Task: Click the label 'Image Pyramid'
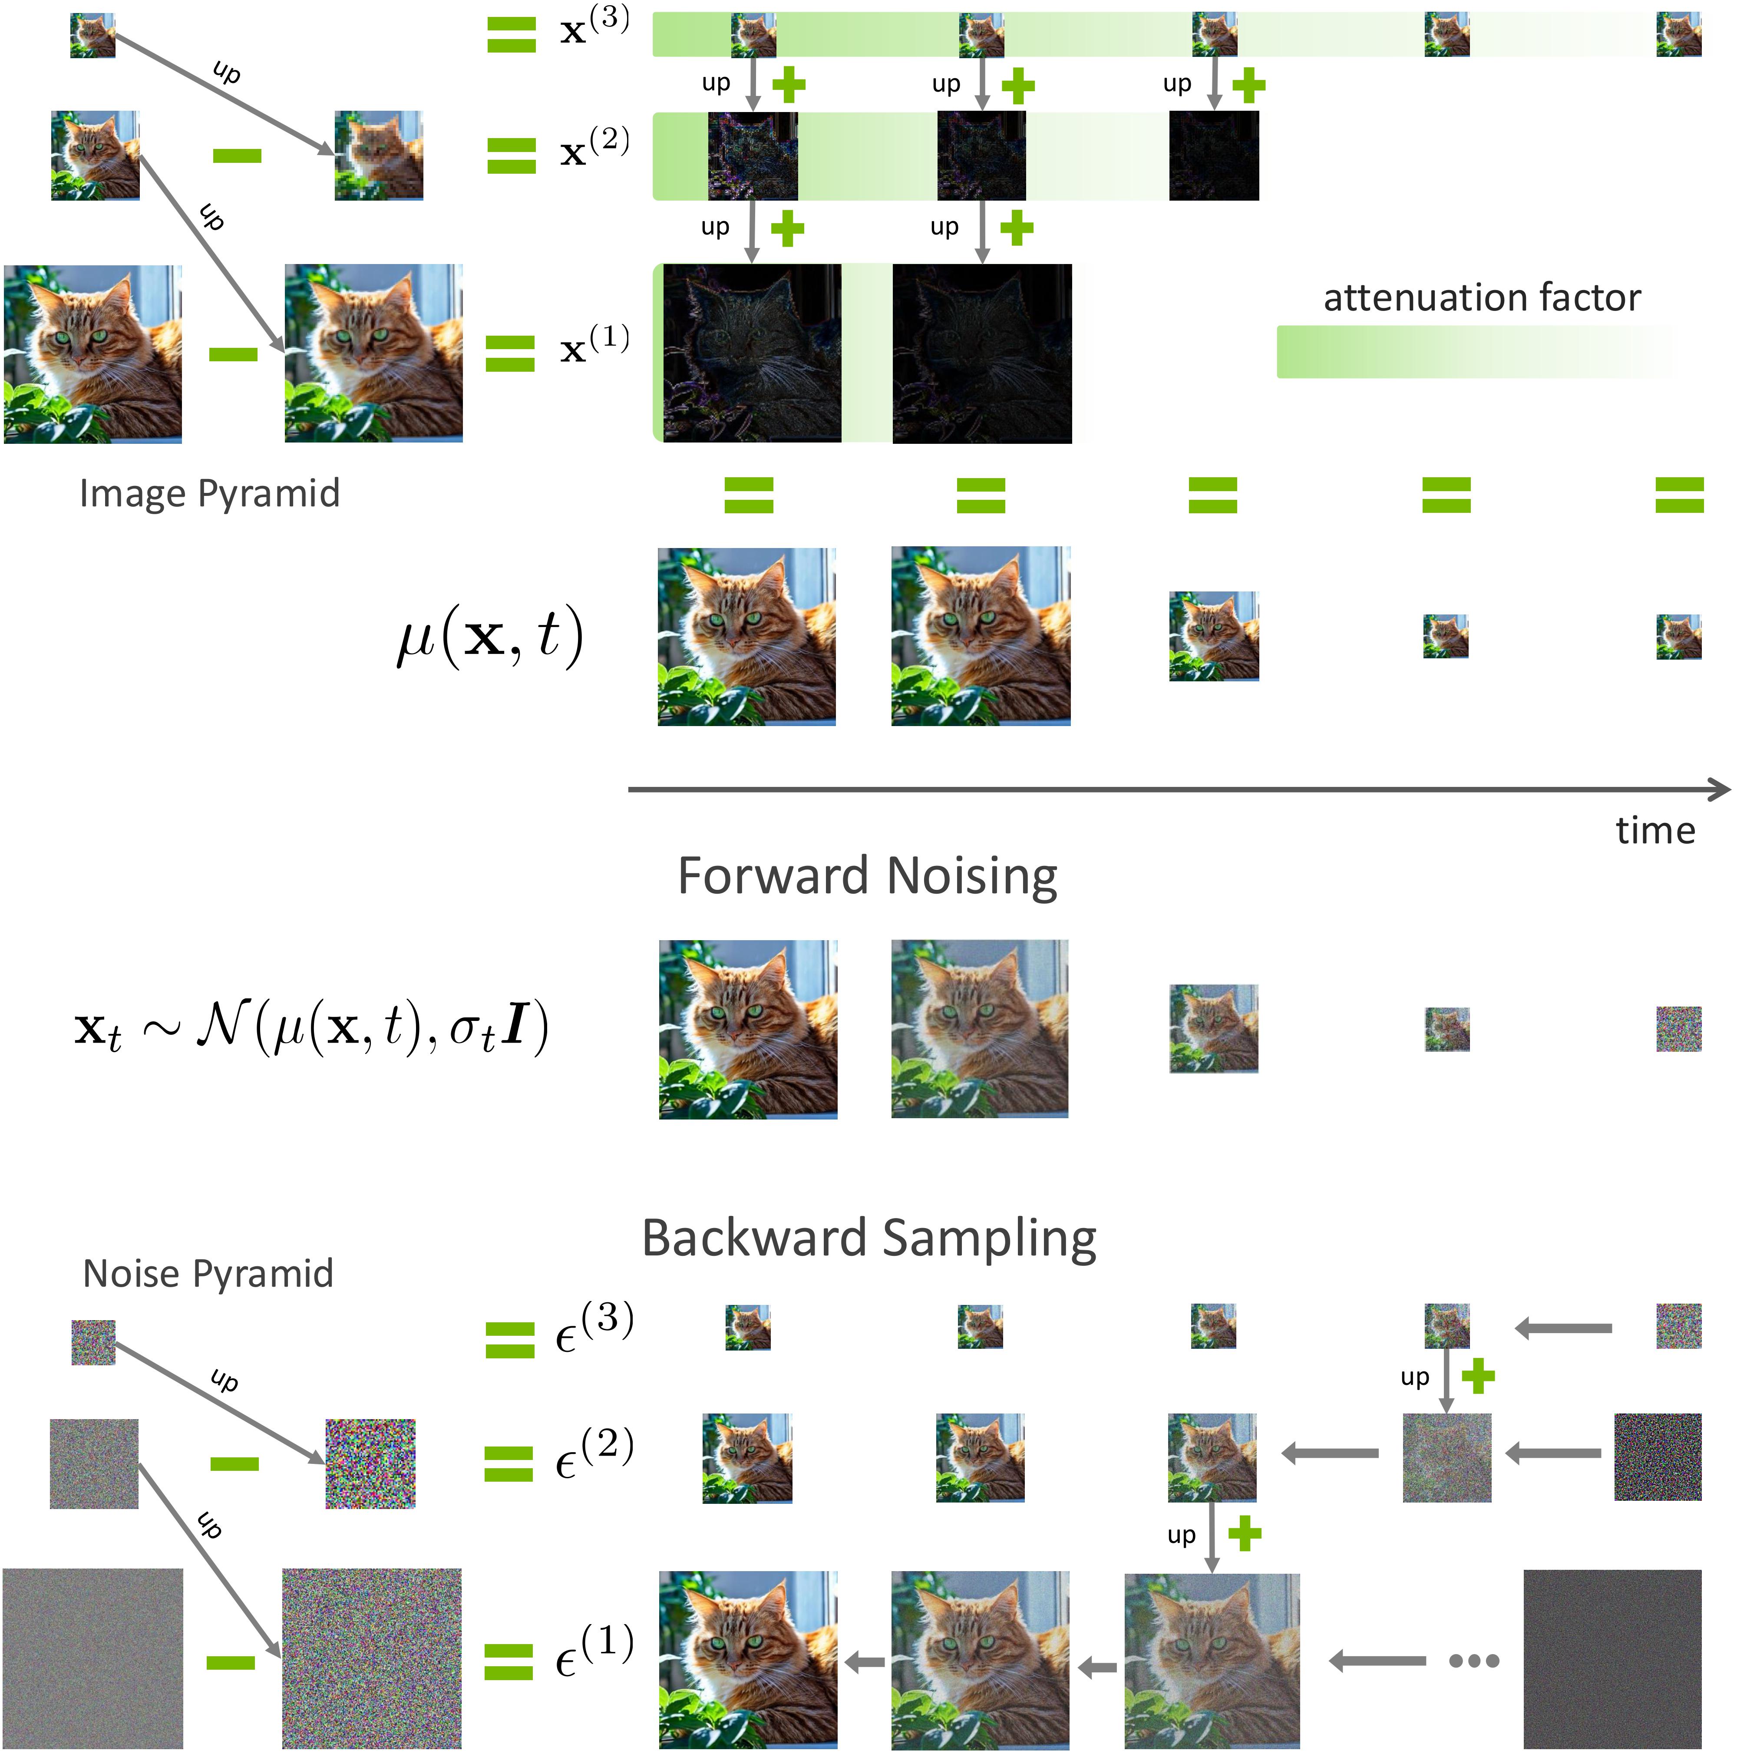click(209, 494)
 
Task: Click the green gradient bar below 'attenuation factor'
click(1473, 352)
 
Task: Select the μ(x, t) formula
click(489, 637)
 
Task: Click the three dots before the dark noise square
click(1473, 1661)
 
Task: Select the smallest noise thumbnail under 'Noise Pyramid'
click(94, 1342)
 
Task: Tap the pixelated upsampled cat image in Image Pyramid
click(378, 155)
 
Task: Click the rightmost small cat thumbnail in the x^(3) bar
click(1678, 35)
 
